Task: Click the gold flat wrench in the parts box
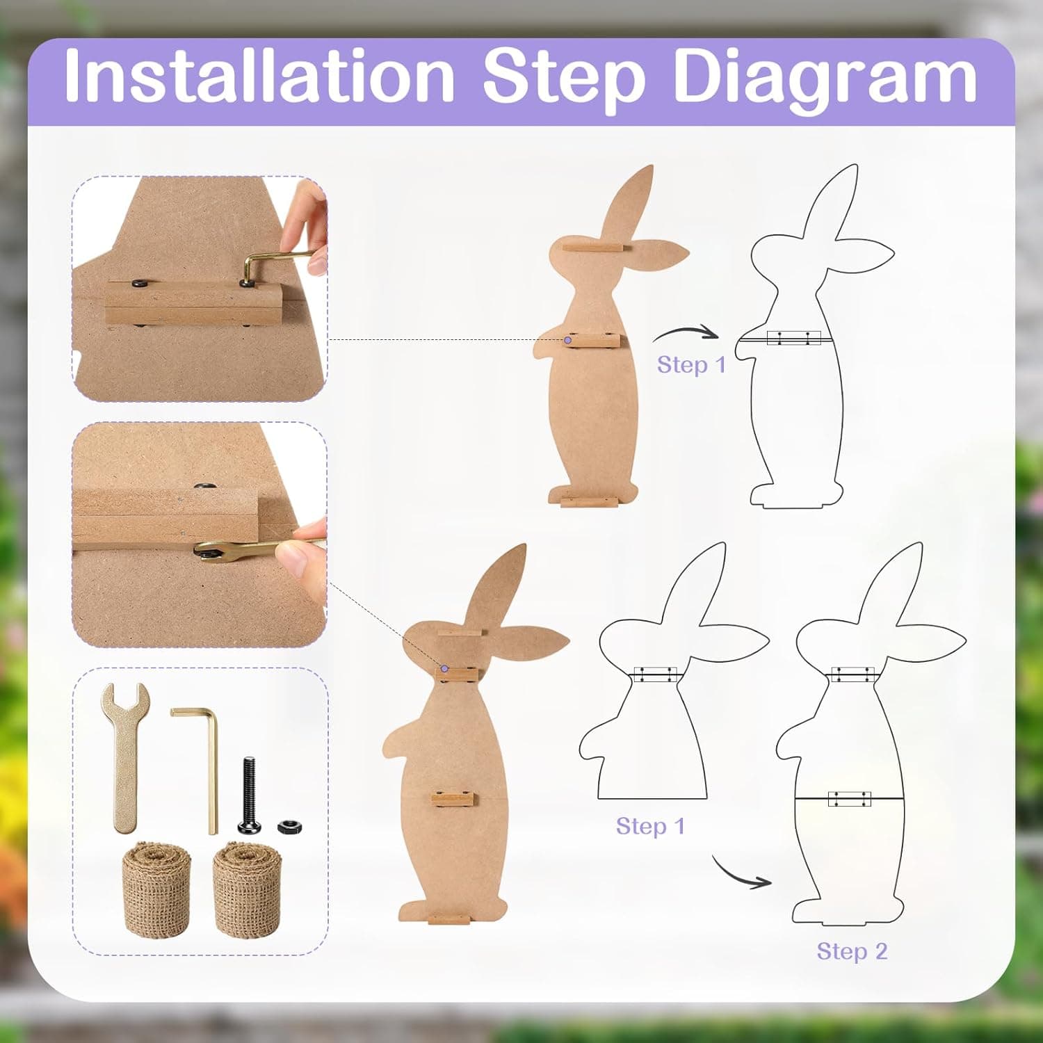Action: (126, 754)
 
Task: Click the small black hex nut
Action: (289, 827)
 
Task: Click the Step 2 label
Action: (852, 951)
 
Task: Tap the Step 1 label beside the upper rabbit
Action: (691, 364)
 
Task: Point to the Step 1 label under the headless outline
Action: (650, 826)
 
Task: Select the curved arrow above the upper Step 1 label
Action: (685, 334)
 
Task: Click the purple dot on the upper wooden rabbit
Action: (568, 340)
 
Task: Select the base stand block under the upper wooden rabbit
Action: (589, 502)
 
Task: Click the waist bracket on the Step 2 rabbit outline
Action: (849, 799)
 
